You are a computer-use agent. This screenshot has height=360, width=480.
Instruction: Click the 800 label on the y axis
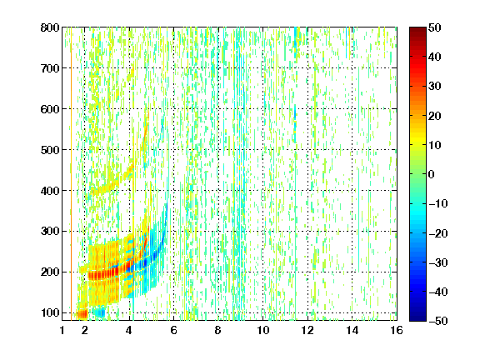[50, 27]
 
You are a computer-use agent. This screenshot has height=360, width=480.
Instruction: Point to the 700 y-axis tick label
[50, 68]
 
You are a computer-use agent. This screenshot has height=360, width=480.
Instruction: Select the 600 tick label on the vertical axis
[50, 109]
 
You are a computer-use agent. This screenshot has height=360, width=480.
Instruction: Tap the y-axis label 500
[50, 150]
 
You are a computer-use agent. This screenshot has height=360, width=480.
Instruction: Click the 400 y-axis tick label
[50, 191]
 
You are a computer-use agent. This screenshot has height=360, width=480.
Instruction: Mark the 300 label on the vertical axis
[50, 231]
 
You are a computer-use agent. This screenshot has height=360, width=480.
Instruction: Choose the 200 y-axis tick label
[50, 272]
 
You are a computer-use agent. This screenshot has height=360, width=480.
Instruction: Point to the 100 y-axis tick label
[50, 312]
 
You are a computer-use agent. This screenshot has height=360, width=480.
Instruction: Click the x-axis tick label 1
[62, 330]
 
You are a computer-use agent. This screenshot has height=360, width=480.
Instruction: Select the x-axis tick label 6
[173, 330]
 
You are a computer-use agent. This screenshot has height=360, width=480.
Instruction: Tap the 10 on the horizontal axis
[262, 330]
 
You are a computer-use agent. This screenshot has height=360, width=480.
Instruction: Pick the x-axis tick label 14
[352, 330]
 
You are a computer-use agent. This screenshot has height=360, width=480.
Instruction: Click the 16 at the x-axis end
[397, 330]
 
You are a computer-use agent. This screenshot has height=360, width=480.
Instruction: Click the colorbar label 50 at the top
[434, 27]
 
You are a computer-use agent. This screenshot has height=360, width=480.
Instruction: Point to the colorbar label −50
[438, 321]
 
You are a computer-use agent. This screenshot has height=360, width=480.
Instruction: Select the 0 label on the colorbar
[432, 174]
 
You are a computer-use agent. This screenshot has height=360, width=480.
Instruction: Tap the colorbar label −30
[438, 262]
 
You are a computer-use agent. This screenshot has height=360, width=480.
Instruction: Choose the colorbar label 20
[434, 116]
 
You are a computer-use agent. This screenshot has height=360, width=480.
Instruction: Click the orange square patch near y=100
[82, 314]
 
